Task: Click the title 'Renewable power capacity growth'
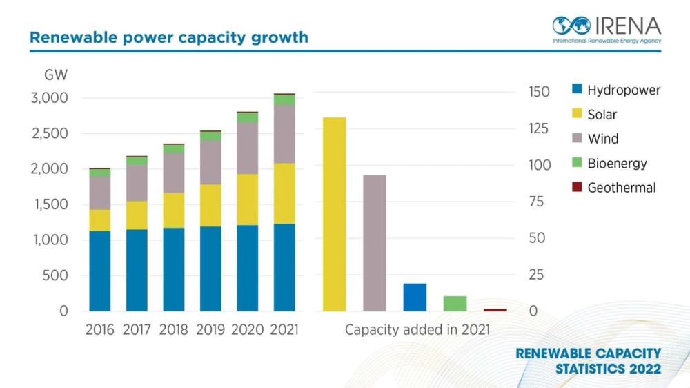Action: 168,37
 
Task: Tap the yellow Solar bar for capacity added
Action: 335,214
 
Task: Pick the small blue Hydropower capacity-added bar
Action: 415,297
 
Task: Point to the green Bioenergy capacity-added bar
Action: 455,303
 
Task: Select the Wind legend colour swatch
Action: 578,139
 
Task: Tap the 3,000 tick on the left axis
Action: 49,98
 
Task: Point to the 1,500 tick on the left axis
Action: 49,204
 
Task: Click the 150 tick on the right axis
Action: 538,93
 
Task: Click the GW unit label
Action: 55,75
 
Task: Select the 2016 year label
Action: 100,330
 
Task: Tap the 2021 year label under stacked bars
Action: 284,330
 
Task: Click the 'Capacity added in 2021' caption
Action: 417,330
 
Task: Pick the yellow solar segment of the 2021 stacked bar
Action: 284,193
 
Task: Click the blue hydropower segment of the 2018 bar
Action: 173,269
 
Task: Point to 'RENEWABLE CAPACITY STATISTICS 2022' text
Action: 588,361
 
